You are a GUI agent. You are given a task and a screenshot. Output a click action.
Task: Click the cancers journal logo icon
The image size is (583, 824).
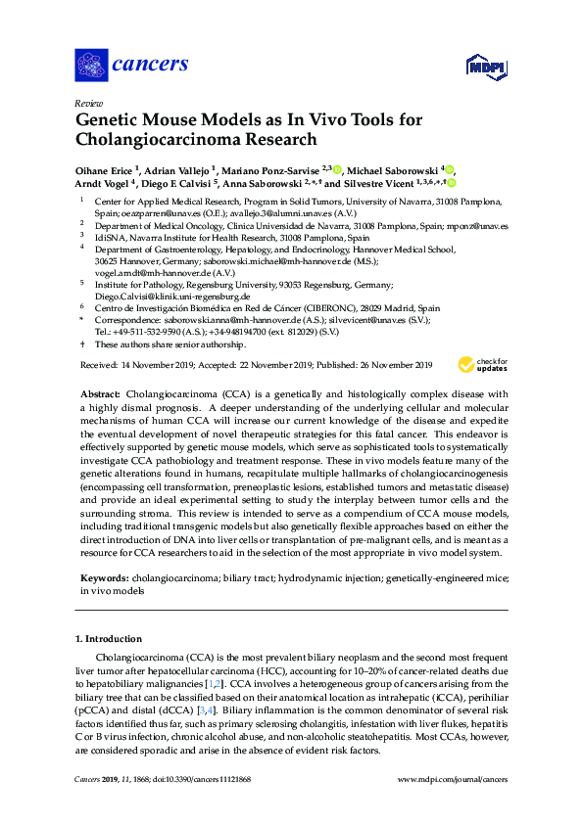click(91, 65)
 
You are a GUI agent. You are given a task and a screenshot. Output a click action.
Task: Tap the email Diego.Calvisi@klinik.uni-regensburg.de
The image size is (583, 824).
click(171, 296)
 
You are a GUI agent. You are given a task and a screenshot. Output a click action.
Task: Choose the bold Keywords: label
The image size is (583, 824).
click(102, 579)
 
